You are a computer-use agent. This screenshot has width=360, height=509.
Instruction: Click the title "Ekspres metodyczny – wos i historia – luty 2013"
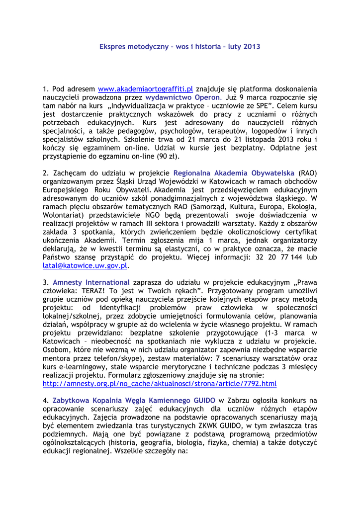180,46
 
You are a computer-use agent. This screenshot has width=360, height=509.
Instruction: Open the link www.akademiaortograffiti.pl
145,89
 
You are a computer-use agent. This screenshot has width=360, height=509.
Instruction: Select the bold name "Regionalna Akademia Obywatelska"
234,173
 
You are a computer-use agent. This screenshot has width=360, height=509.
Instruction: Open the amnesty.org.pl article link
160,384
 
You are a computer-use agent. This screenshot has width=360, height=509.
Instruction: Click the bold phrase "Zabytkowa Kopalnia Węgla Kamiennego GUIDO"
134,400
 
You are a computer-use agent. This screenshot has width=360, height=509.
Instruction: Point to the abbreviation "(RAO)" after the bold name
308,173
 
